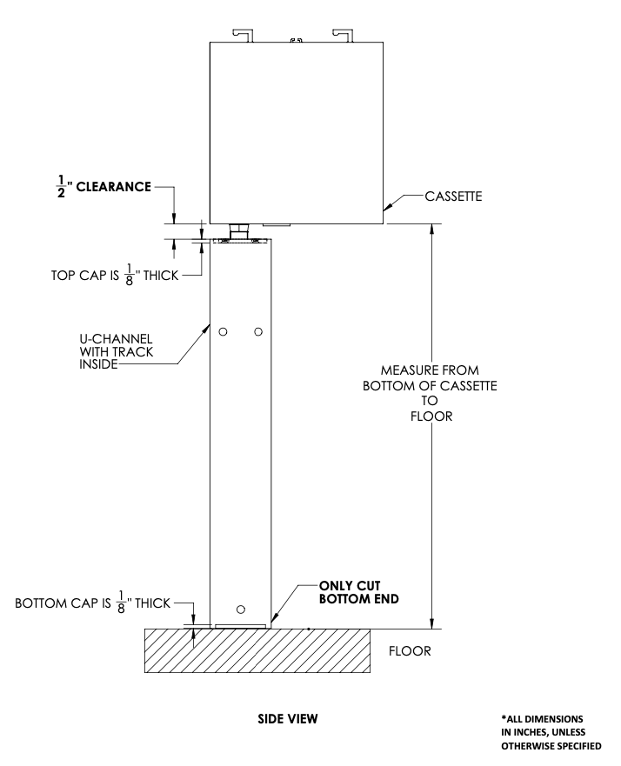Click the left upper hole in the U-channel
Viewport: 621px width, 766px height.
tap(224, 332)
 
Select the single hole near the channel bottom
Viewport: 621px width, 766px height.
tap(241, 608)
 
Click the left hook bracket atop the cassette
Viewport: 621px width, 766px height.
tap(244, 34)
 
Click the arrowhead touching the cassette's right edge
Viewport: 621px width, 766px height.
tap(389, 208)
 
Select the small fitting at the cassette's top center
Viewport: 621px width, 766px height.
tap(296, 39)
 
